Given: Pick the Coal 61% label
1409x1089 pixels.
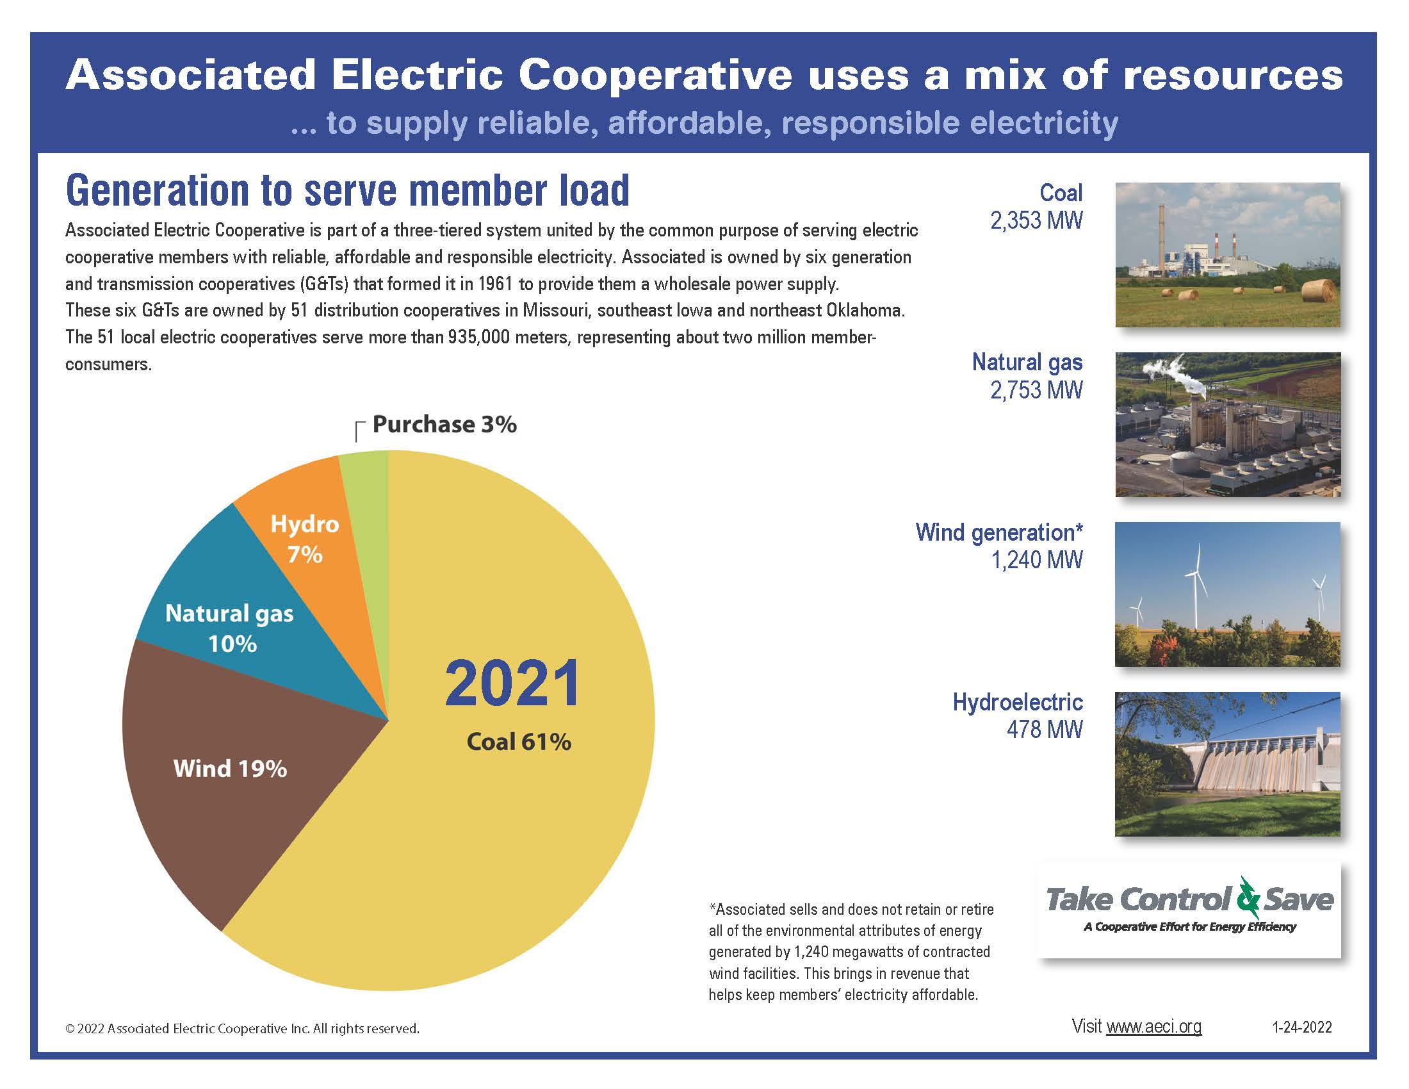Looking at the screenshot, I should pos(519,742).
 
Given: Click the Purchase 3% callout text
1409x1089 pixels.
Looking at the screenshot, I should pos(444,425).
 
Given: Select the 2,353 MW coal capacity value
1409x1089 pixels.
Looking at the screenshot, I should pos(1036,220).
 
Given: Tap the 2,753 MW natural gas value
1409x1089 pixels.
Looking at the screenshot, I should pos(1036,390).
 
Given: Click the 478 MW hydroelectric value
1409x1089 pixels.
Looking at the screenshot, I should pos(1044,730).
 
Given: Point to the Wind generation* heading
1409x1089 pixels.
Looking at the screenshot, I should pos(998,532).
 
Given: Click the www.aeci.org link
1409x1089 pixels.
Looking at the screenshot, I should pos(1153,1026).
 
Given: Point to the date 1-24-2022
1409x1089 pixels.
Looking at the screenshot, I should pos(1301,1027).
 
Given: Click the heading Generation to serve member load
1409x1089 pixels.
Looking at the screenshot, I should pos(347,191).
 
